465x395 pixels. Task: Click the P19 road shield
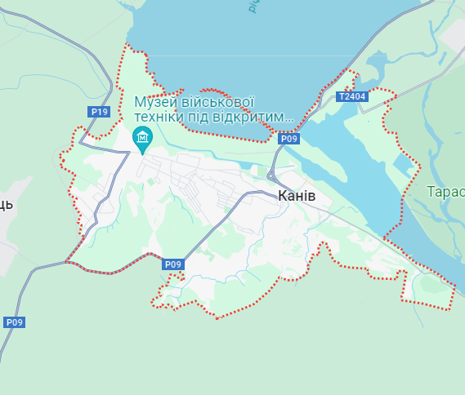[x=99, y=112]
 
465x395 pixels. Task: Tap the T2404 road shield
[x=352, y=96]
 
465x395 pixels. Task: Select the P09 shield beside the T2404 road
[x=289, y=139]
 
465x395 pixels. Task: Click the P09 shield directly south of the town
[x=172, y=264]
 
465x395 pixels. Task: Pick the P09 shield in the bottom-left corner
[x=14, y=322]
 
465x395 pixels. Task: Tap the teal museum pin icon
[x=142, y=137]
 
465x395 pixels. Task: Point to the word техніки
[x=161, y=118]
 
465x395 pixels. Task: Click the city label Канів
[x=297, y=196]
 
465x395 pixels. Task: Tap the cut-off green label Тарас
[x=445, y=192]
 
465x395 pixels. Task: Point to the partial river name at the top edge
[x=253, y=6]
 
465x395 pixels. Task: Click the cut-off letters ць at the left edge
[x=6, y=204]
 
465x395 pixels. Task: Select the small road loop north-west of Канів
[x=271, y=173]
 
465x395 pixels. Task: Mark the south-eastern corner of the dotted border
[x=450, y=308]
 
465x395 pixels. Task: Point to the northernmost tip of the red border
[x=127, y=42]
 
